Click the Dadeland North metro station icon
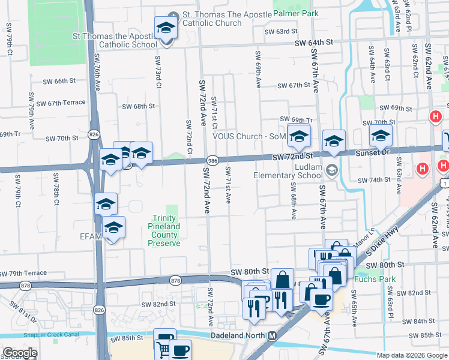272,335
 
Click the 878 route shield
175,280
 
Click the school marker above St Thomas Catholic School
166,27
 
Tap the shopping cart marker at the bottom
163,347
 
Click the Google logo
20,353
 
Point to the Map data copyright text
411,355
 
